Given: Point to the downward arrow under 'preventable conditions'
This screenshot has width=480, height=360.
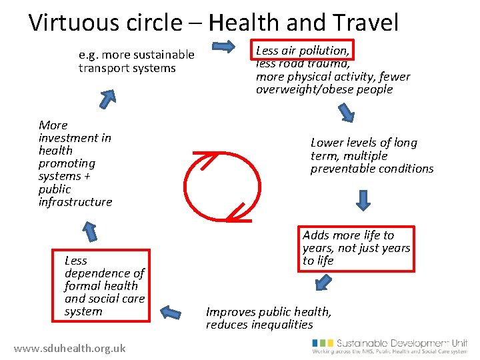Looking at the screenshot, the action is click(x=363, y=200).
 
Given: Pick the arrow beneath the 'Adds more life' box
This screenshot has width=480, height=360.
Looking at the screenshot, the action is click(x=323, y=283).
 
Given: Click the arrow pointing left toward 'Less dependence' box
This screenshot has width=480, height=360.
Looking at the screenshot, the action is click(x=171, y=312).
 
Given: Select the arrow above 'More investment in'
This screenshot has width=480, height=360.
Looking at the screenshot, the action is click(x=106, y=98).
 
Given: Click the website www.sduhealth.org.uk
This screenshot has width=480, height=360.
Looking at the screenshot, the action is click(x=69, y=348).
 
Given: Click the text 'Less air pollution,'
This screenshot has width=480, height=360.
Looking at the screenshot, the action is click(x=303, y=51).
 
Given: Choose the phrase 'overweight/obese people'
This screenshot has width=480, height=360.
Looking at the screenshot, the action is click(x=324, y=89).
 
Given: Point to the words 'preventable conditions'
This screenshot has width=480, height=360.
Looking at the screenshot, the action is click(x=371, y=169).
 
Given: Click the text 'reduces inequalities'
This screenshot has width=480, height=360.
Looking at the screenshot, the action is click(x=259, y=325).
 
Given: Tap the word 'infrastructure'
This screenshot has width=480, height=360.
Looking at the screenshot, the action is click(x=75, y=201).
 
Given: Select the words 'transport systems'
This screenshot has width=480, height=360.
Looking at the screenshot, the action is click(x=127, y=68).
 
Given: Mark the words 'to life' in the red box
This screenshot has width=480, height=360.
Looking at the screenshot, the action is click(x=318, y=261).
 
